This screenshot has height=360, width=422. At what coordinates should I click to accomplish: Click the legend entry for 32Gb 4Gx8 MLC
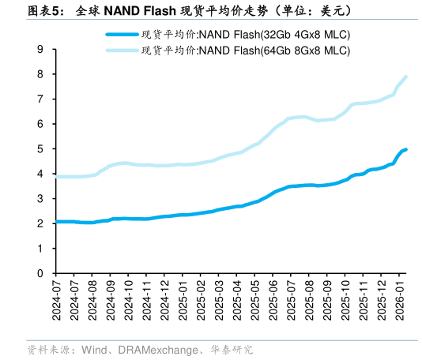(x=245, y=35)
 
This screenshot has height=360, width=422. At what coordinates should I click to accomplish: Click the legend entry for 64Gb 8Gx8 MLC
(x=245, y=51)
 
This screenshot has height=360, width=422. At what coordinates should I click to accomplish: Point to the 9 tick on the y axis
(x=40, y=49)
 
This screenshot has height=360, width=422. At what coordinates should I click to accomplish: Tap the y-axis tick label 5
(x=40, y=148)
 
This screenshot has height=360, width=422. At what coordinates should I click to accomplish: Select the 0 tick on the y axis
(x=40, y=273)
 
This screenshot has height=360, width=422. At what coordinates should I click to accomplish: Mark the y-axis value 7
(x=40, y=99)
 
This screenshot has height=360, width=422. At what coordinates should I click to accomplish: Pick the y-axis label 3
(x=40, y=198)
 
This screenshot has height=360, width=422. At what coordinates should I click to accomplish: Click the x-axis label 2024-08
(x=93, y=299)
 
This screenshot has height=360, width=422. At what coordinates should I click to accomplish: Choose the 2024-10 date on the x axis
(x=130, y=299)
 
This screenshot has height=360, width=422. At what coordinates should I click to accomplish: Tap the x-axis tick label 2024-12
(x=167, y=299)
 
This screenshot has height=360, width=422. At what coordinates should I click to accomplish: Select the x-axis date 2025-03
(x=221, y=299)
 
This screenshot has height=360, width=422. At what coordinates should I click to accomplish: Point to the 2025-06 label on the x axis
(x=276, y=299)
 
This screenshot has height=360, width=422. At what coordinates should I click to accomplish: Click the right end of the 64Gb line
(x=405, y=77)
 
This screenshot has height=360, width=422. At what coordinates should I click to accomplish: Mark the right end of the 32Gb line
(x=405, y=149)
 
